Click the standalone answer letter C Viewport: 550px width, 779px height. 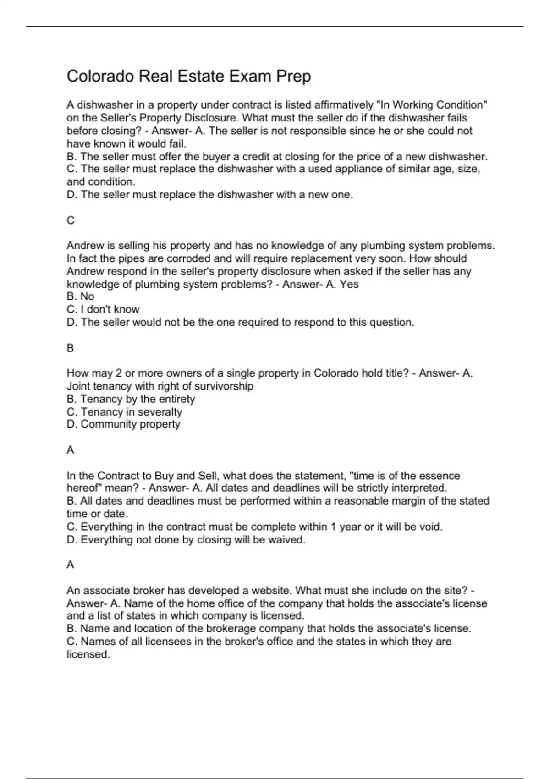click(x=71, y=221)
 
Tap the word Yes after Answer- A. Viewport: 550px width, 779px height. click(x=349, y=284)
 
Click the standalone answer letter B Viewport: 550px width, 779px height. click(x=71, y=348)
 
